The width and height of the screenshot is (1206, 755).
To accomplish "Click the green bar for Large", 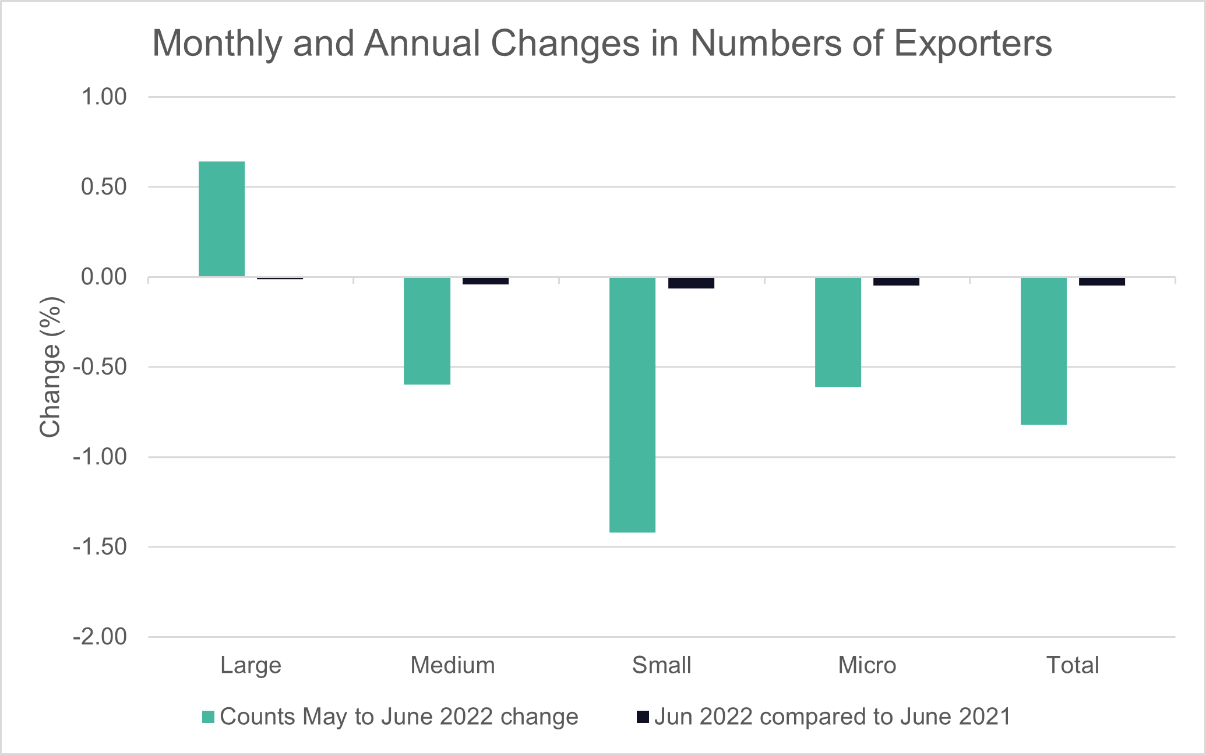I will [x=221, y=219].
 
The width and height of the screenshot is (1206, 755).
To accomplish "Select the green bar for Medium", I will [x=427, y=331].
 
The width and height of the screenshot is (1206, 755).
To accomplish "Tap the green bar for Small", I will [x=632, y=405].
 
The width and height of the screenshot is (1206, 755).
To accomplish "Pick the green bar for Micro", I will [x=838, y=332].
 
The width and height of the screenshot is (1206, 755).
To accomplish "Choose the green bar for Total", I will [x=1043, y=351].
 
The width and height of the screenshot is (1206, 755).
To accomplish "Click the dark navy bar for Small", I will [x=691, y=283].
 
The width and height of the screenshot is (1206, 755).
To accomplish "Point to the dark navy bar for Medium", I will [x=485, y=281].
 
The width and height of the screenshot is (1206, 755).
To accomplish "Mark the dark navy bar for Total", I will [x=1102, y=281].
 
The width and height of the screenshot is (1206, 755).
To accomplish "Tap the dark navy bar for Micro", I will [x=896, y=281].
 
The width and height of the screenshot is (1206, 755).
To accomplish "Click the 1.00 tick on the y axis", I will [x=104, y=97].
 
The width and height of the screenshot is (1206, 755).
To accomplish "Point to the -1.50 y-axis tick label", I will [x=100, y=547].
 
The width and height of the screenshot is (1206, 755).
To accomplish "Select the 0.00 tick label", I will [x=104, y=277].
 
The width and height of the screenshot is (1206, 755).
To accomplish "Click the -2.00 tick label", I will [x=100, y=637].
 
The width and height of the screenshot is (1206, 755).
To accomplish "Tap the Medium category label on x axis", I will [x=453, y=665].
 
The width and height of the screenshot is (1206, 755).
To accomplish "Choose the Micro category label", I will [x=867, y=665].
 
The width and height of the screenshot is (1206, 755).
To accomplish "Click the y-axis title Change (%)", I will [x=51, y=367].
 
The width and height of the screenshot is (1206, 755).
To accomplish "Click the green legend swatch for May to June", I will [x=208, y=717].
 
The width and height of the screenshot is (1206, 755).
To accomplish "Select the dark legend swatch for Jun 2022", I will [x=643, y=717].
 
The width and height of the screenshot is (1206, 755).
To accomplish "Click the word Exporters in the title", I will [x=972, y=43].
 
